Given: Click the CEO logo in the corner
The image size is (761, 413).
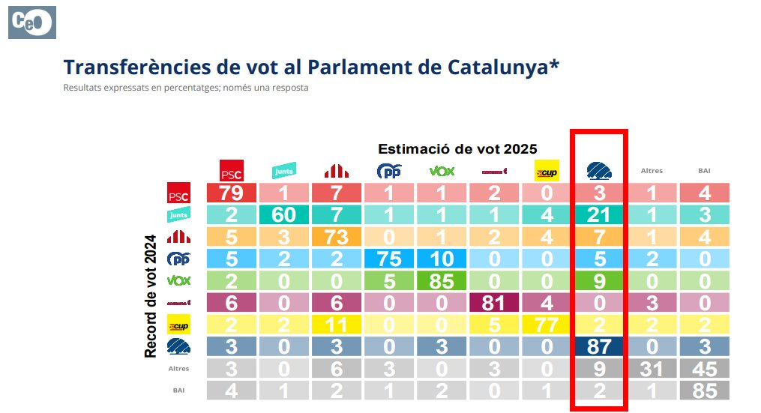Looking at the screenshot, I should coord(31,22).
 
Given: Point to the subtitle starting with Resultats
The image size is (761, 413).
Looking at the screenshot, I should coord(185,88).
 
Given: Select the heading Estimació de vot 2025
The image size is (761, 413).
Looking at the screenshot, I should coord(457,148).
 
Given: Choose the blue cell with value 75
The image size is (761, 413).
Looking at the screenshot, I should coord(388,259).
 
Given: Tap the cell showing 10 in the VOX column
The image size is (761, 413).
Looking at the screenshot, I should coord(442,259).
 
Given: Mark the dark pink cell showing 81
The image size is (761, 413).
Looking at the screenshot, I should coord(495,303).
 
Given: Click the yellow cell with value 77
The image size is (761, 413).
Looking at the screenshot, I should coord(548,325).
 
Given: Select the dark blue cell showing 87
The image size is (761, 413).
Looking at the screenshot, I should coord(599,347).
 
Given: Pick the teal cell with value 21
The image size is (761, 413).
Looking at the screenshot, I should coord(599,215).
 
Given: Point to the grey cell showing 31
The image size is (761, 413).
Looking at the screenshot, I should coord(652,369).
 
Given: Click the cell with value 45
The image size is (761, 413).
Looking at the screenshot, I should coord(704,369).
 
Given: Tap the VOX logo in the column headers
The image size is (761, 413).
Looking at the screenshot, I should coord(442,171).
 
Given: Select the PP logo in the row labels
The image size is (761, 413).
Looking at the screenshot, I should coord(178,259).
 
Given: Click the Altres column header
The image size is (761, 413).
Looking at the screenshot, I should coord(652,171).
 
